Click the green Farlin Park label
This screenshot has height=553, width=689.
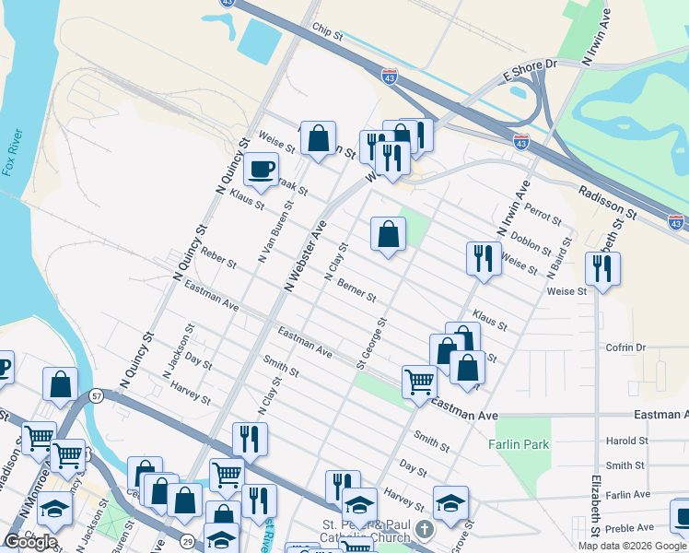coord(519,444)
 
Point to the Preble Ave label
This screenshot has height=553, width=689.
coord(630,528)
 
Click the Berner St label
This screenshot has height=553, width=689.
coord(356,290)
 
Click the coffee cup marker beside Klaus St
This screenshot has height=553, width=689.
coord(263,169)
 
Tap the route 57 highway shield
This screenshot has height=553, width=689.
coord(96,395)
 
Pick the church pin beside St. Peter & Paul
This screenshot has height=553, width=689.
coord(424,530)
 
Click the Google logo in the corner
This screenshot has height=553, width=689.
coord(31,542)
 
